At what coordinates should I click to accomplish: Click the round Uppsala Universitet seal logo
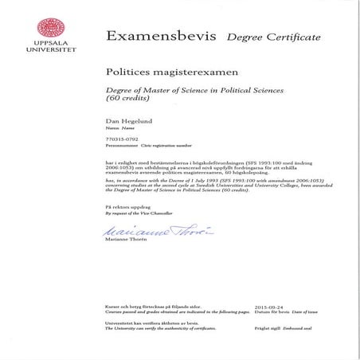(39, 21)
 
